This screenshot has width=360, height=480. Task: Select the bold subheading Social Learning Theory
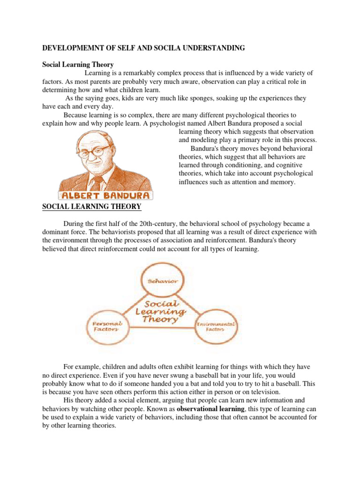(x=78, y=65)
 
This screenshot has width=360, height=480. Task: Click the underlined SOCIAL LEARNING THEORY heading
(x=92, y=206)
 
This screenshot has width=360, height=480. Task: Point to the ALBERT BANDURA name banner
(x=105, y=195)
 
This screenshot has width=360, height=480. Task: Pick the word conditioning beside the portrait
(x=246, y=157)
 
